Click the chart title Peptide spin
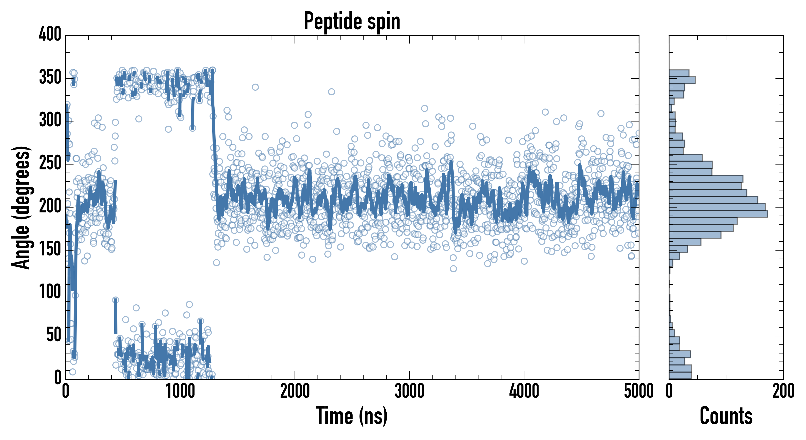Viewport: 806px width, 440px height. (x=352, y=21)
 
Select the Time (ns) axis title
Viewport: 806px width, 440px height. (x=352, y=416)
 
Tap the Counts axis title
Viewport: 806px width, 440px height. (x=726, y=416)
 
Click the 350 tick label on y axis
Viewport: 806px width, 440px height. (x=50, y=77)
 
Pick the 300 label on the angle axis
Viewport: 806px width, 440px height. (x=50, y=120)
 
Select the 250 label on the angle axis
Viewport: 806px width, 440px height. (x=50, y=163)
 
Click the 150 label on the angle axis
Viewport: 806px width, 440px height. (x=50, y=249)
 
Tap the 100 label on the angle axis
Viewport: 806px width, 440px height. (x=50, y=292)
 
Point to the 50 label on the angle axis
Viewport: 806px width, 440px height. (x=53, y=335)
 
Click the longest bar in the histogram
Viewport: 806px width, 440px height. (x=718, y=214)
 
